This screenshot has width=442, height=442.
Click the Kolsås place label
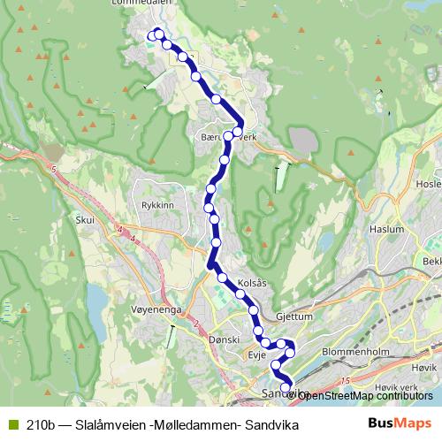pos(253,284)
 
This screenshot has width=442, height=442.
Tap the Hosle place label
pos(427,184)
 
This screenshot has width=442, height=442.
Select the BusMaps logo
pos(400,424)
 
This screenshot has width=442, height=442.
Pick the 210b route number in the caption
pos(42,425)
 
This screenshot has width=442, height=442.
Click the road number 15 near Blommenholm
pos(345,380)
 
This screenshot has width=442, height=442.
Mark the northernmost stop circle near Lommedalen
pos(159,34)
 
